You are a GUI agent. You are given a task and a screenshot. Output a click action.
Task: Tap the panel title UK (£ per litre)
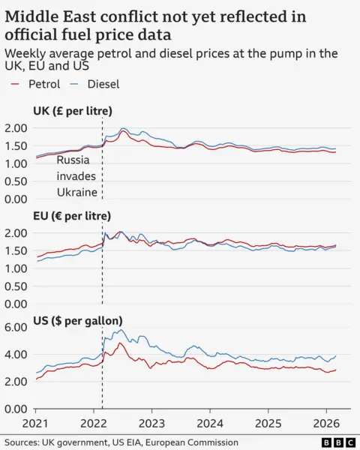click(x=73, y=111)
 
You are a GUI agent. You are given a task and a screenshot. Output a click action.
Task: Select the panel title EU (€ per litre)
click(x=73, y=216)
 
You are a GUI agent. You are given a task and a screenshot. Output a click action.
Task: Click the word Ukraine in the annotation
click(x=78, y=192)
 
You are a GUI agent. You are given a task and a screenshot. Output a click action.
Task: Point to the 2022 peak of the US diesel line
click(x=121, y=330)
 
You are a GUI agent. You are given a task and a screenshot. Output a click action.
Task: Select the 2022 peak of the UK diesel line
click(x=124, y=128)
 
